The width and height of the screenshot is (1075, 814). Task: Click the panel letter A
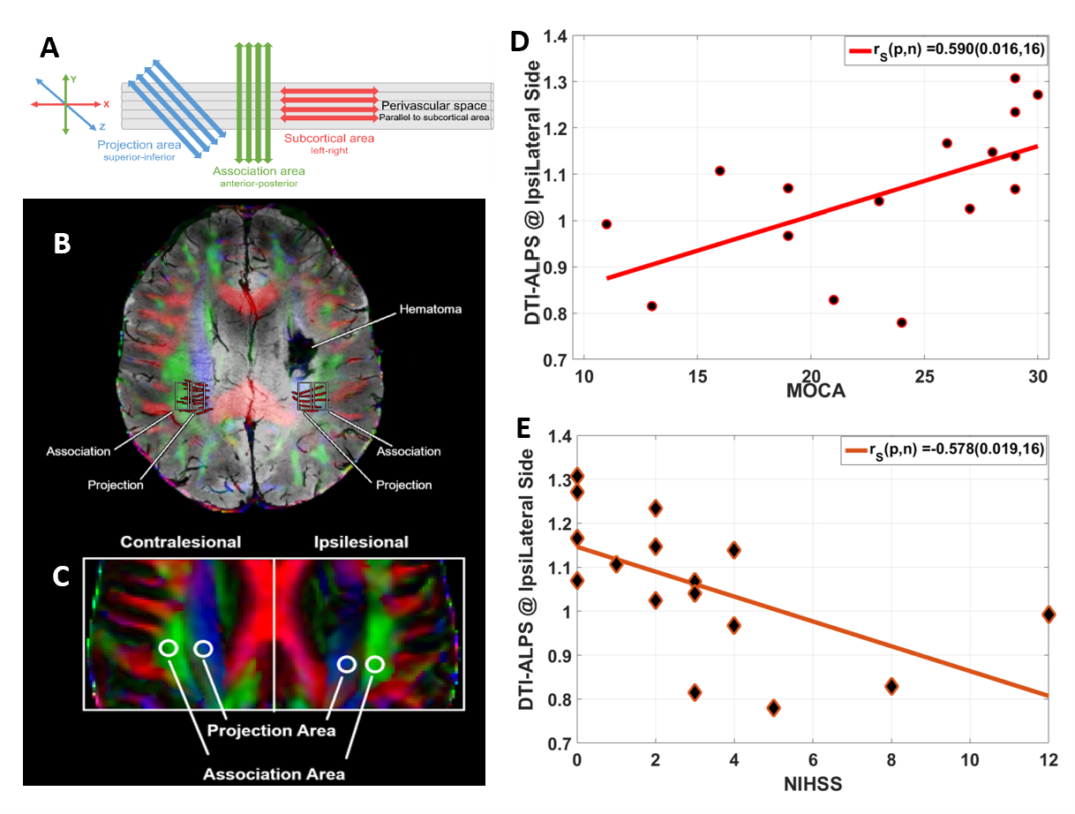tap(50, 47)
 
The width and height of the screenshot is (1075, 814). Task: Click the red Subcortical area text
tap(329, 139)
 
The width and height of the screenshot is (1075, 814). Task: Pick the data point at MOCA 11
tap(606, 224)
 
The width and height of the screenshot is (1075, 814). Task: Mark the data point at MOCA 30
tap(1037, 94)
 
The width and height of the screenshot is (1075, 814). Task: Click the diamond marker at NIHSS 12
tap(1049, 614)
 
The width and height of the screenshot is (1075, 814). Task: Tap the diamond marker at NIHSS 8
tap(891, 686)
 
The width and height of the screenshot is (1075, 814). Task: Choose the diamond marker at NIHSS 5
tap(773, 707)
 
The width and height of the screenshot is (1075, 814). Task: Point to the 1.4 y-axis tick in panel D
tap(556, 37)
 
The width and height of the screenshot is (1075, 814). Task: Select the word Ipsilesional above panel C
tap(363, 541)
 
